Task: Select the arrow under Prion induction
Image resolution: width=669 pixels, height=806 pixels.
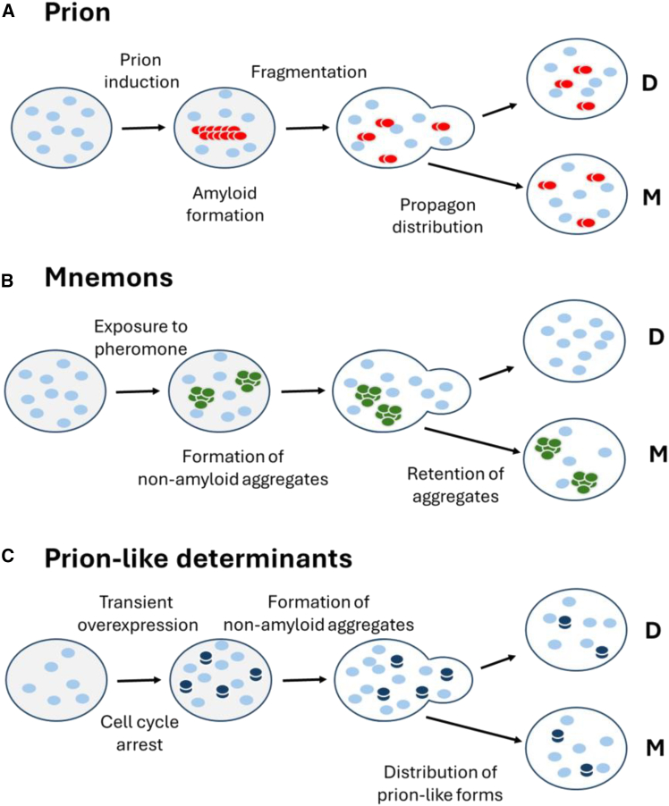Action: point(142,127)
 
